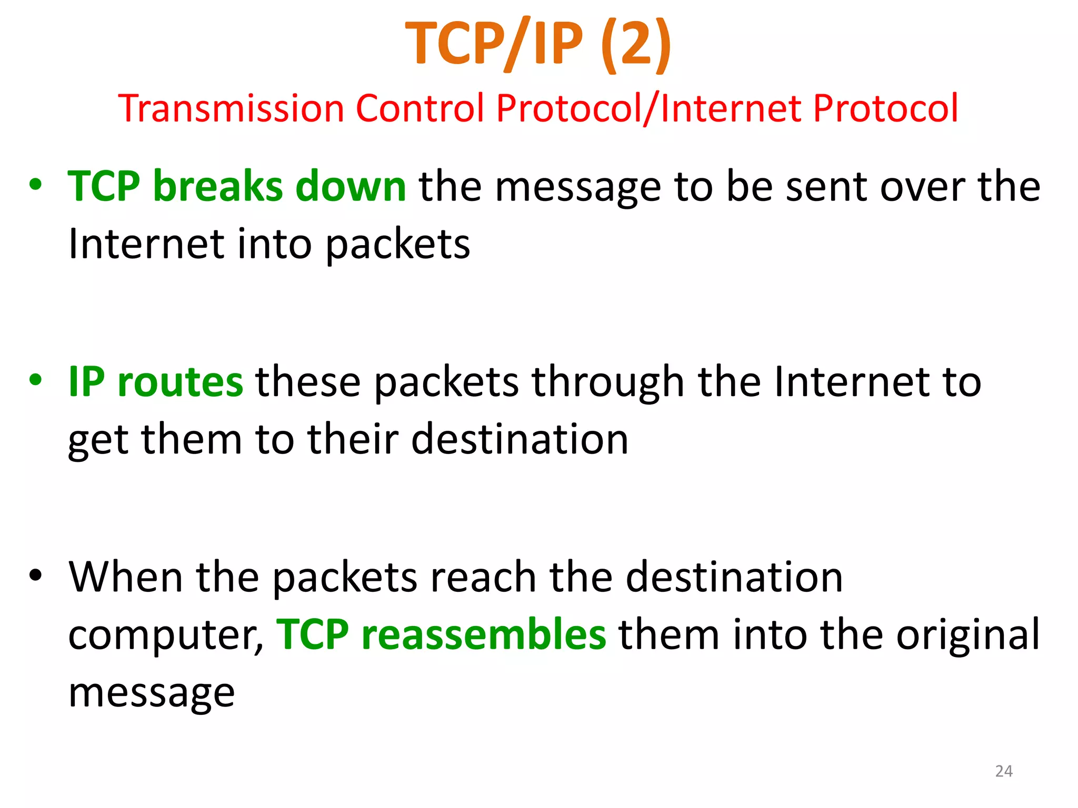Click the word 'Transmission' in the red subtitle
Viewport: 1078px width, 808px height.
(231, 108)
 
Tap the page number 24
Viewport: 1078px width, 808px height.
(1004, 771)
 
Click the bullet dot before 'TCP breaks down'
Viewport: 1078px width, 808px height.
(35, 185)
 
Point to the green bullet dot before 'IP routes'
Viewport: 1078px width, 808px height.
(35, 380)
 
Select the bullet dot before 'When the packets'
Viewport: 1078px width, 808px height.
(35, 575)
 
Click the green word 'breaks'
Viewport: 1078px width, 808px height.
(218, 186)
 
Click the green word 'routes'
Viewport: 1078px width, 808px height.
(180, 382)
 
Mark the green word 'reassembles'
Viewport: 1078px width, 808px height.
(484, 634)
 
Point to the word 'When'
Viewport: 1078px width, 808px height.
(126, 577)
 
